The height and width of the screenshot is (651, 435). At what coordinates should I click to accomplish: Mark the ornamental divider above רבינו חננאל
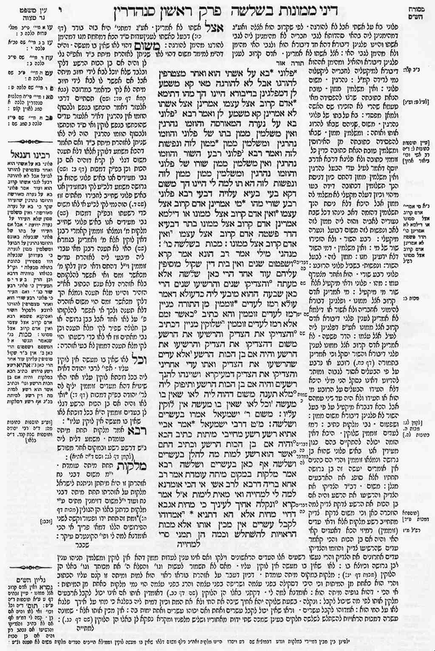click(x=25, y=142)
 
